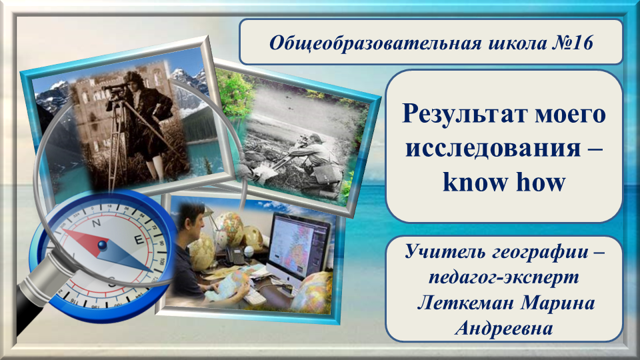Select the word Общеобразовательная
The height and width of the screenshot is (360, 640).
point(375,43)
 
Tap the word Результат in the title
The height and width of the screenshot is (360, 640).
point(464,114)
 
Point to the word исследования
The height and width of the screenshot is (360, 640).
point(493,147)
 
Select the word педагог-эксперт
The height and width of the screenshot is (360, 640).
point(504,277)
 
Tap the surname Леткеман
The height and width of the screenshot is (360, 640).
point(465,303)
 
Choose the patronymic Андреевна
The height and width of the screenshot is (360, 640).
point(504,328)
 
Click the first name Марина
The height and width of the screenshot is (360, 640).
point(558,303)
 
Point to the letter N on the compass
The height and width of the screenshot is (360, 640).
point(96,223)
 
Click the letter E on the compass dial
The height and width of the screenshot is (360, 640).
point(139,239)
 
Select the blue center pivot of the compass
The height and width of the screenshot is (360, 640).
point(103,245)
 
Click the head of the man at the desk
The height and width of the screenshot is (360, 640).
point(193,219)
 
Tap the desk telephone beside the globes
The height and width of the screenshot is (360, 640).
point(235,256)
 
